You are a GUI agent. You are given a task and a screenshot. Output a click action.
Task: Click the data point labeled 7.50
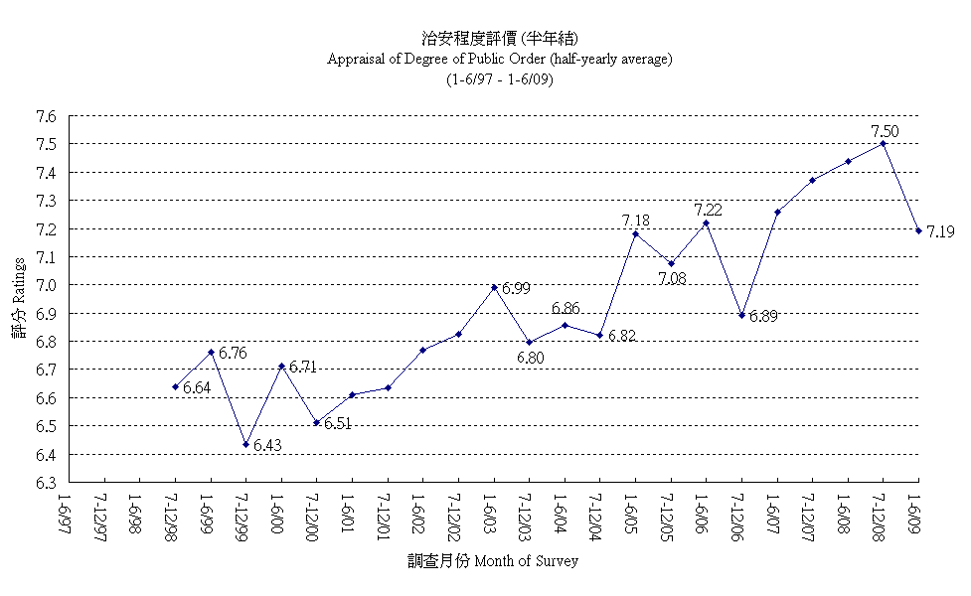tap(883, 143)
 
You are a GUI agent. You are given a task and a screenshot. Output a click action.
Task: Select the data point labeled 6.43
tap(245, 444)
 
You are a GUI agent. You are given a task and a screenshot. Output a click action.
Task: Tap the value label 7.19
tap(940, 231)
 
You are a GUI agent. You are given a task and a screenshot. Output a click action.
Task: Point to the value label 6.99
tap(516, 288)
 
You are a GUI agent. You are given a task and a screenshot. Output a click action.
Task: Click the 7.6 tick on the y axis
tap(45, 116)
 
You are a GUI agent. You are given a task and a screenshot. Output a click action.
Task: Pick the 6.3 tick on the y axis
tap(45, 483)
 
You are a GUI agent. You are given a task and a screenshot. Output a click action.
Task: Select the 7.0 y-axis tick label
tap(45, 285)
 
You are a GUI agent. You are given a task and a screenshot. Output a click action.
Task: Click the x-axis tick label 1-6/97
tap(66, 510)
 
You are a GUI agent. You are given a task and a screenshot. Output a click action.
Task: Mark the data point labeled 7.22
tap(706, 223)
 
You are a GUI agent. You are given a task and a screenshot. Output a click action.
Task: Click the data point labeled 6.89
tap(740, 315)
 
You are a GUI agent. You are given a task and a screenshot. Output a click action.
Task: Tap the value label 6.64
tap(197, 387)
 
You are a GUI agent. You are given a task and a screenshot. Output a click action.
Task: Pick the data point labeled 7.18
tap(635, 233)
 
